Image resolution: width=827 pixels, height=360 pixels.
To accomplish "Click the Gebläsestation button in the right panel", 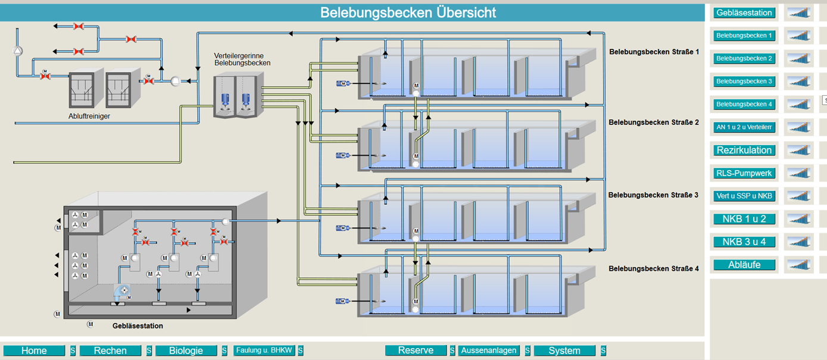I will tap(744, 12).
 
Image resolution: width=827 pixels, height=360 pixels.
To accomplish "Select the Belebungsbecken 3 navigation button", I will tap(744, 82).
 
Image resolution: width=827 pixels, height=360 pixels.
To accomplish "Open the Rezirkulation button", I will tap(744, 150).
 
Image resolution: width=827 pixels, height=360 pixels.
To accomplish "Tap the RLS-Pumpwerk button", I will tap(744, 173).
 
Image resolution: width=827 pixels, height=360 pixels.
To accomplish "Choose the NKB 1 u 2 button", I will tap(744, 219).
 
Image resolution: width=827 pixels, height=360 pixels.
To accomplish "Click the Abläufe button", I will tap(744, 265).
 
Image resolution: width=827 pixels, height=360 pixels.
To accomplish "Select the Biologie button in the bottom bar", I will tap(186, 350).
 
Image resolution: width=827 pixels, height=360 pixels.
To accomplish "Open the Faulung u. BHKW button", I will tap(264, 350).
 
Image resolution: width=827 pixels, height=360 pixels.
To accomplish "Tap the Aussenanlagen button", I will tap(489, 350).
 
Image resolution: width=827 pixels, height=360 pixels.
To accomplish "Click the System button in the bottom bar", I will tap(564, 350).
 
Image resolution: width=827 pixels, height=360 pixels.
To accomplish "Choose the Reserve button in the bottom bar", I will tap(416, 350).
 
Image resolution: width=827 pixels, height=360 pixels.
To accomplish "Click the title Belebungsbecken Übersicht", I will tap(408, 12).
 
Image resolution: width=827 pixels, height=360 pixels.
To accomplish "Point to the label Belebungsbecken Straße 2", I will tap(653, 123).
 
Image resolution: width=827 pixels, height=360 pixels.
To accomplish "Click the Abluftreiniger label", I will tap(89, 116).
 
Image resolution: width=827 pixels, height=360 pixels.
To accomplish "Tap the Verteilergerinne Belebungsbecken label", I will tap(242, 59).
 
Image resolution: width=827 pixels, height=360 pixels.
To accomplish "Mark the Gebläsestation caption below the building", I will tap(138, 326).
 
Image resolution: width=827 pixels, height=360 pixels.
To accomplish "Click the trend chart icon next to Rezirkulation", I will tap(799, 150).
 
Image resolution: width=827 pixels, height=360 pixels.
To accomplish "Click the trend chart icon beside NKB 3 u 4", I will tap(799, 242).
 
